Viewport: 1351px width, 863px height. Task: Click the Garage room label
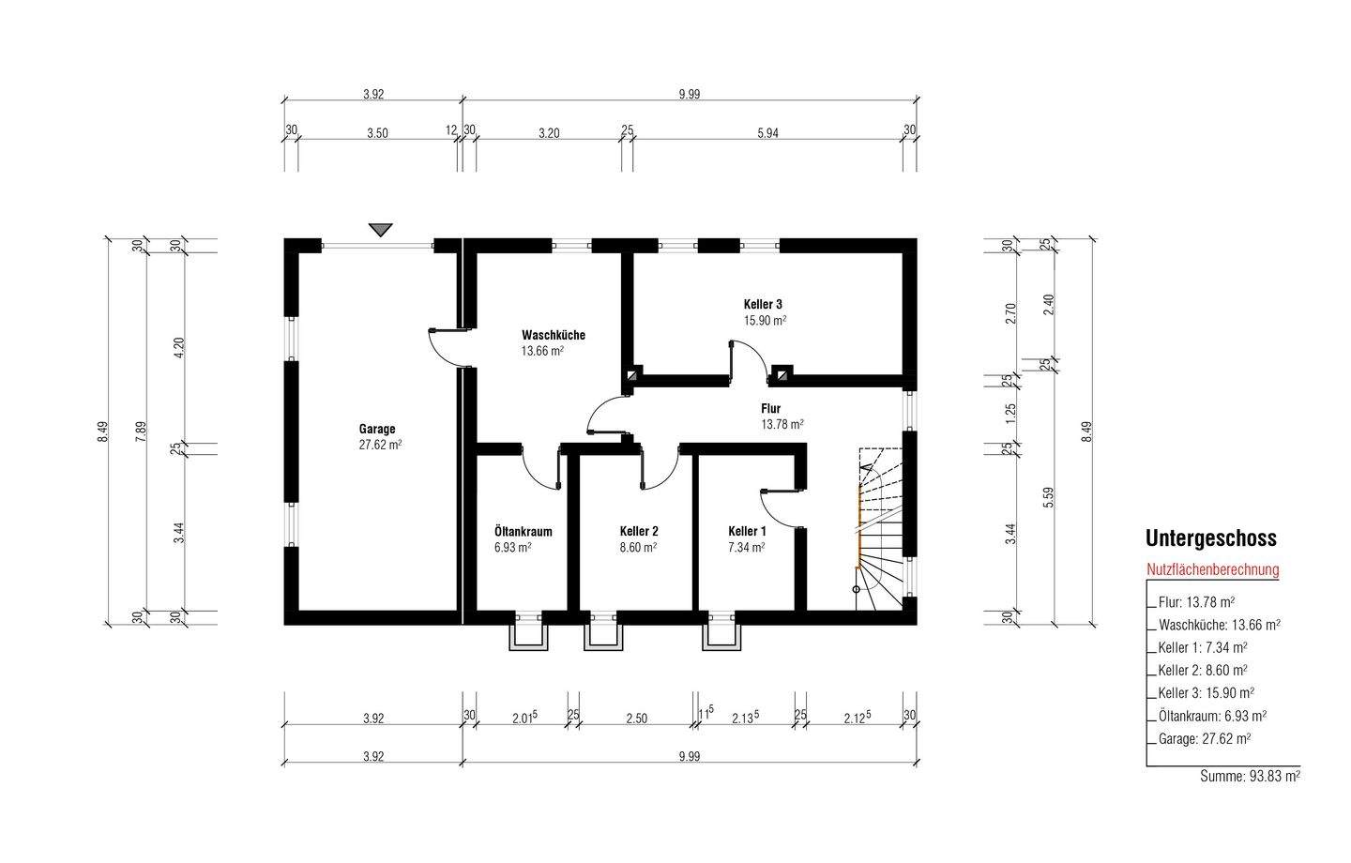coord(377,429)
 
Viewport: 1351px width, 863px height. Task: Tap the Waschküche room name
coord(554,335)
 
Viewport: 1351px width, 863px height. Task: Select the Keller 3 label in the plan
coord(763,304)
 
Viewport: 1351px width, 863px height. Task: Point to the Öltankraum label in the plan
coord(523,531)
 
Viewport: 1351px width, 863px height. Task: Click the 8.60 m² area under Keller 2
coord(638,548)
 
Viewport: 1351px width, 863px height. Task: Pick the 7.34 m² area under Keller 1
coord(747,548)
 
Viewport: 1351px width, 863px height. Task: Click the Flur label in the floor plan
coord(771,408)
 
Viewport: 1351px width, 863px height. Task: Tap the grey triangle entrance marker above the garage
coord(381,229)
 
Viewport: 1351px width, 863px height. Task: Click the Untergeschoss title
coord(1210,537)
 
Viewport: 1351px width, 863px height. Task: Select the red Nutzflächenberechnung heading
coord(1212,569)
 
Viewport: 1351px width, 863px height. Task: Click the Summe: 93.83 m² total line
coord(1250,776)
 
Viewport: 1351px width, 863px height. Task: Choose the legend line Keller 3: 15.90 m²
coord(1207,693)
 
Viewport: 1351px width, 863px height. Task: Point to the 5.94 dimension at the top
coord(767,133)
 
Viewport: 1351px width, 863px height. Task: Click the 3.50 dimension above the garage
coord(377,133)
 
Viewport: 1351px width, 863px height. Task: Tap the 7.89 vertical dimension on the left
coord(142,431)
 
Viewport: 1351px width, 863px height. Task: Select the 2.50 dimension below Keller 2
coord(636,719)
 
